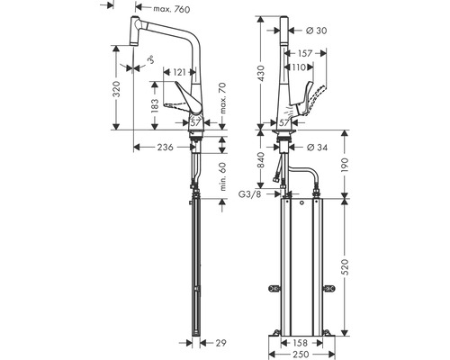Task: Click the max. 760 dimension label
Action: tap(172, 9)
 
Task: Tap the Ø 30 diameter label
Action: tap(316, 31)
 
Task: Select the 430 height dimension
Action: tap(260, 74)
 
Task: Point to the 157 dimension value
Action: tap(305, 53)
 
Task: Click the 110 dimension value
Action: tap(299, 67)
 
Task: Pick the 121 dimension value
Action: tap(180, 72)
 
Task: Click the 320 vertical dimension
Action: tap(116, 89)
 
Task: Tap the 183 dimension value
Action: tap(155, 106)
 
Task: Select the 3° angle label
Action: tap(151, 59)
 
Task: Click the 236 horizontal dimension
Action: tap(165, 147)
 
